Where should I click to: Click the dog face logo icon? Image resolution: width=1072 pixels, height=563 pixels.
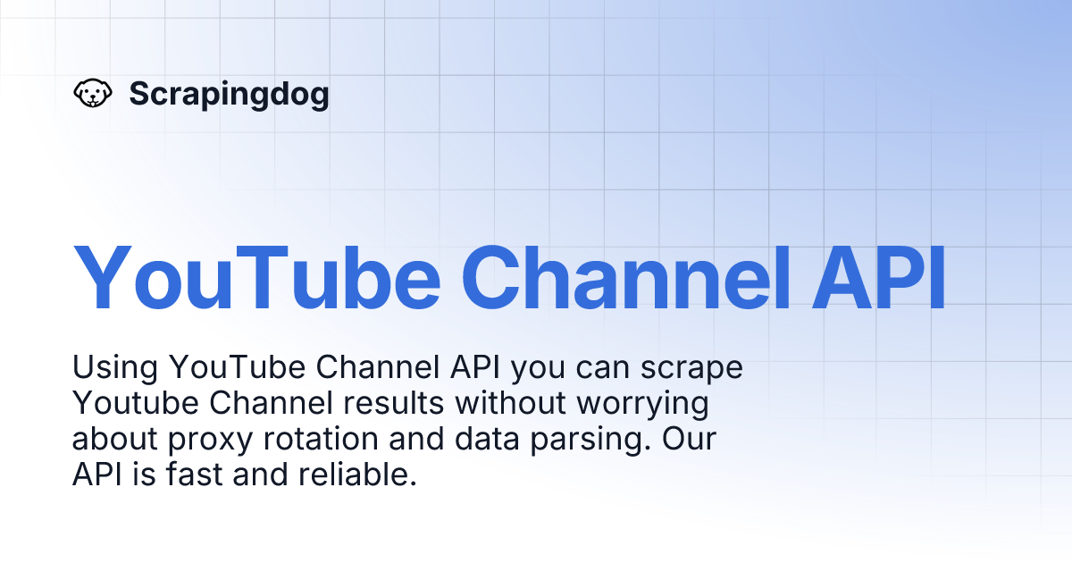tap(92, 93)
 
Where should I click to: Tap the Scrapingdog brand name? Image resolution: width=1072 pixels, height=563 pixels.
tap(229, 93)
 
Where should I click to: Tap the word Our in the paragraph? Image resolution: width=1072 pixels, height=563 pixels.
tap(692, 439)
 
